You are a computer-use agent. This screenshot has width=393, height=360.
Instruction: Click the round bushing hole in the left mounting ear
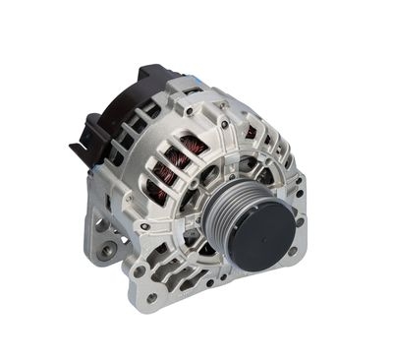(x=100, y=224)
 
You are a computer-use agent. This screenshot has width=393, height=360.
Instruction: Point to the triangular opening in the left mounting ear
(x=103, y=246)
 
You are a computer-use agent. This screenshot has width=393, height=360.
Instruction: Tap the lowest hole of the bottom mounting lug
(x=150, y=296)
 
